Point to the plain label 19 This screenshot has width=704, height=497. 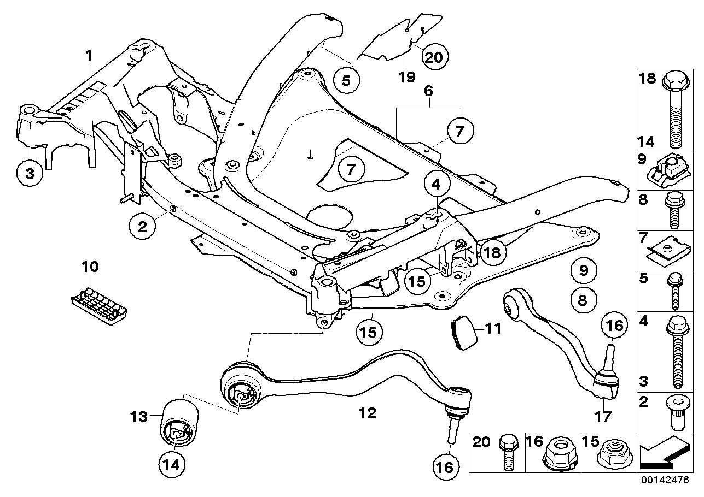pos(406,77)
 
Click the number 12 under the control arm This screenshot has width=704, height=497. pos(368,413)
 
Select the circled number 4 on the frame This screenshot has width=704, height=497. pos(435,186)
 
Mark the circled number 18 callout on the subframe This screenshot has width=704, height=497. pos(491,252)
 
